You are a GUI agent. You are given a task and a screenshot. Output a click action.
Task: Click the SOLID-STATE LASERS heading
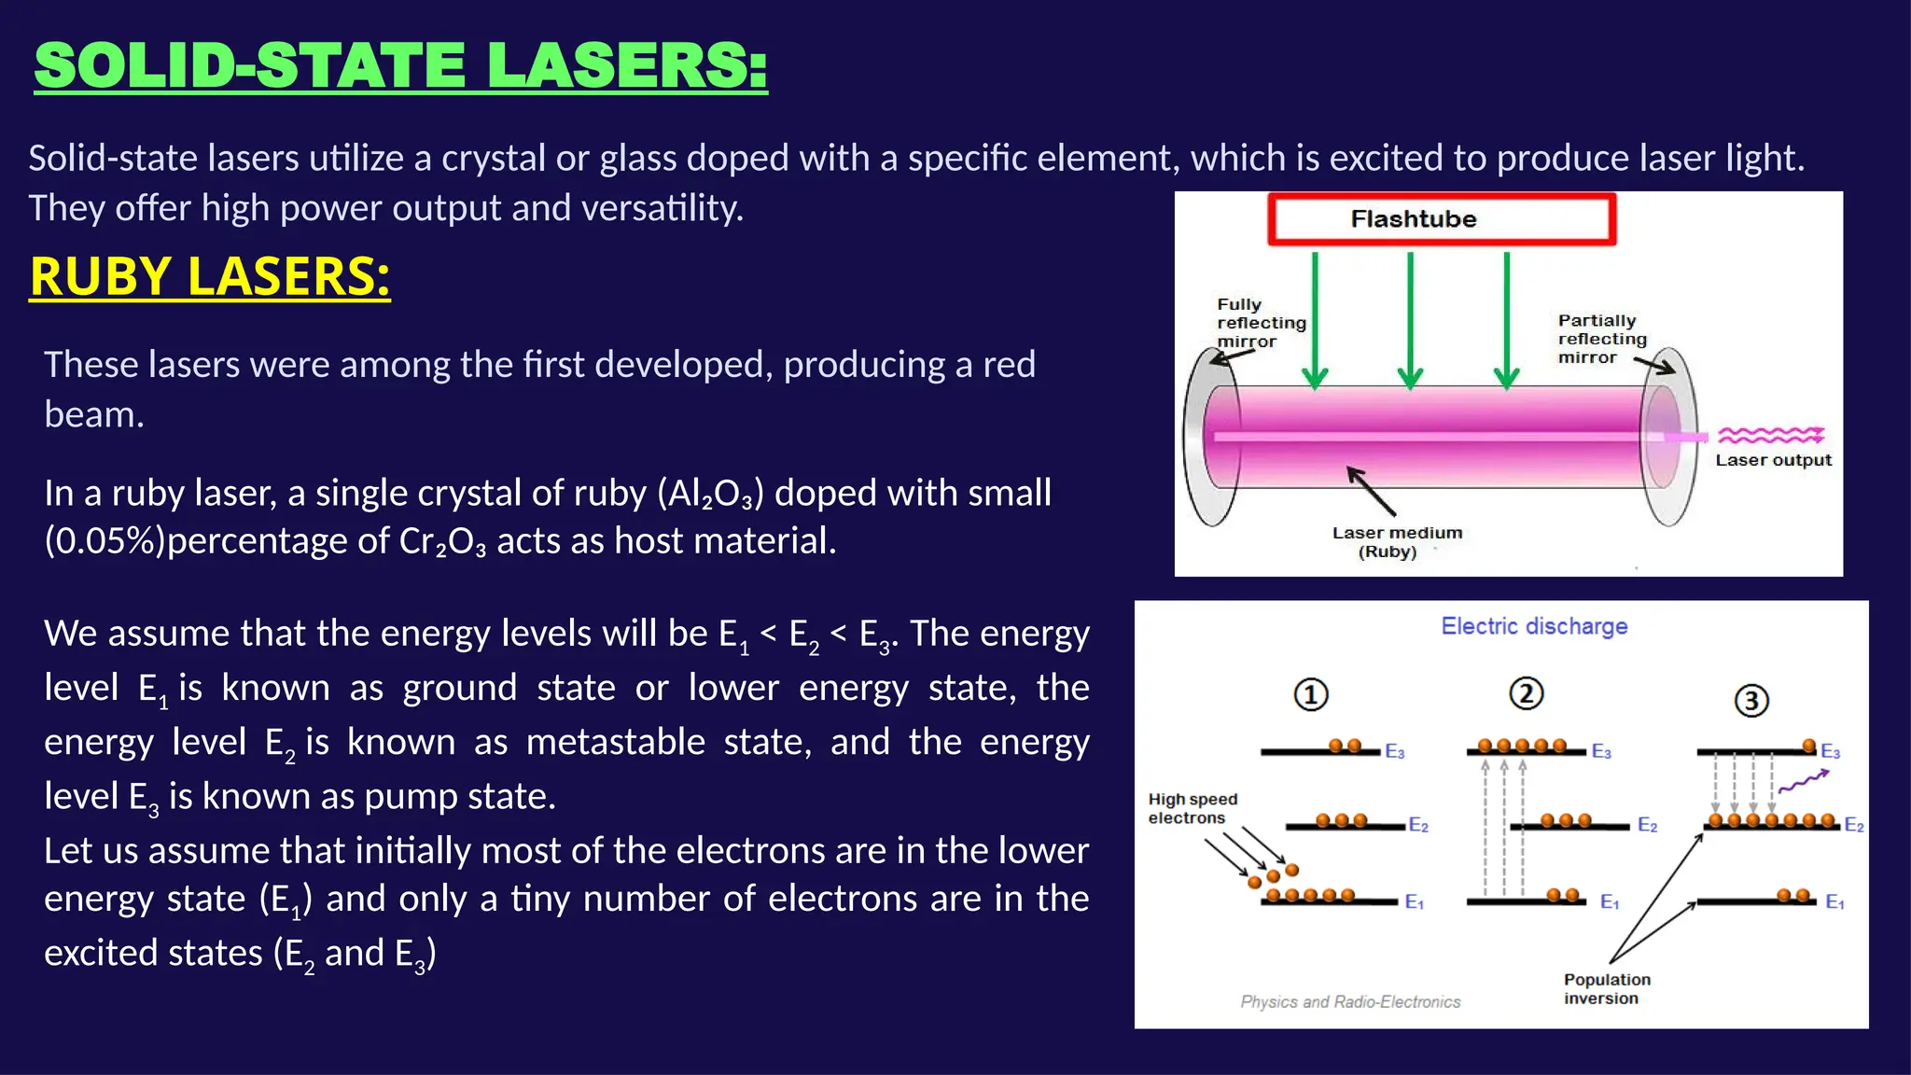coord(400,66)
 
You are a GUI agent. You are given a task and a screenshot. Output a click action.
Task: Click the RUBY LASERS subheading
coord(210,276)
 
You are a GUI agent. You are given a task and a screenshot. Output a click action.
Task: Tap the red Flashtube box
coord(1441,219)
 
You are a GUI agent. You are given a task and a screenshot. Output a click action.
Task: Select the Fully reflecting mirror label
coord(1261,323)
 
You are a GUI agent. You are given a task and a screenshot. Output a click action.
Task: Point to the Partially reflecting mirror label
coord(1601,339)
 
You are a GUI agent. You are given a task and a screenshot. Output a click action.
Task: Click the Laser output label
coord(1773,460)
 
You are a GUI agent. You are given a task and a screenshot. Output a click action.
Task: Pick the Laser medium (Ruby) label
coord(1396,542)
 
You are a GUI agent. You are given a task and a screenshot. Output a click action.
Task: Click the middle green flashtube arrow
coord(1410,317)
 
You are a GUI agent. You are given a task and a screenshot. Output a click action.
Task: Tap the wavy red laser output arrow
coord(1770,435)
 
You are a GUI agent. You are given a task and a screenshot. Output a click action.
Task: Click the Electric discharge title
coord(1534,626)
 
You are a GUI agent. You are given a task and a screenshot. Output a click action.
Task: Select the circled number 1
coord(1310,695)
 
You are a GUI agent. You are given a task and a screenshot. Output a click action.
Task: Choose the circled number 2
coord(1526,693)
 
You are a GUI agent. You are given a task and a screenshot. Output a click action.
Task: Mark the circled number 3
coord(1751,701)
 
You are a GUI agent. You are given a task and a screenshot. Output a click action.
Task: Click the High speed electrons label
coord(1192,808)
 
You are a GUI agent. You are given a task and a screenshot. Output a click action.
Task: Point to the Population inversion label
coord(1606,989)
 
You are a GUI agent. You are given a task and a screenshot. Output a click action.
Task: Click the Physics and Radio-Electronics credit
coord(1349,1001)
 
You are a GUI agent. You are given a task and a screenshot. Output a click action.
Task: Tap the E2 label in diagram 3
coord(1853,825)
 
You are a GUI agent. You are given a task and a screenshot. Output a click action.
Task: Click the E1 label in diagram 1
coord(1414,901)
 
